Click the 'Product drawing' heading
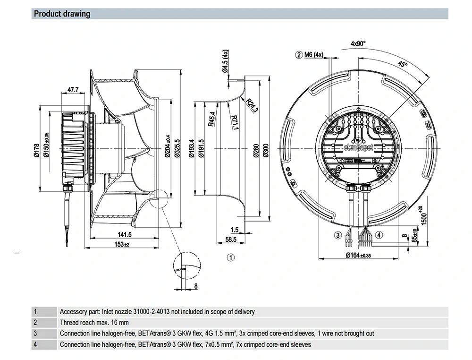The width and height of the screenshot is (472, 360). (x=62, y=14)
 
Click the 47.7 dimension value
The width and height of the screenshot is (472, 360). (x=73, y=90)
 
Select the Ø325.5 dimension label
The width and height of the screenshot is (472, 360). (x=177, y=148)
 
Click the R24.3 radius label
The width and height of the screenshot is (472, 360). (x=252, y=105)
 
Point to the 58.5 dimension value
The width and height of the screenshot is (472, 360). (x=231, y=240)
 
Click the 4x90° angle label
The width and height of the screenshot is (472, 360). (x=358, y=43)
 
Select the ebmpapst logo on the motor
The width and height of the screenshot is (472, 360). (x=358, y=148)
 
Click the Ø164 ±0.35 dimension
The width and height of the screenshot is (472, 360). (x=360, y=255)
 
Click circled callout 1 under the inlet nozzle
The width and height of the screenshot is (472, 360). (x=231, y=257)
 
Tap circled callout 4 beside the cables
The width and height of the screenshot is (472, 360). (x=379, y=235)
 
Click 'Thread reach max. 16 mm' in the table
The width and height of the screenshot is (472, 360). (x=94, y=323)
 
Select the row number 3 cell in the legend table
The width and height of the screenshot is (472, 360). (x=35, y=334)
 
